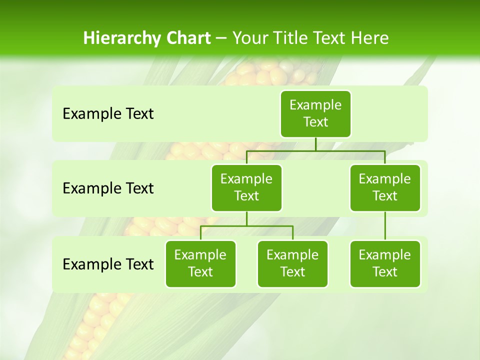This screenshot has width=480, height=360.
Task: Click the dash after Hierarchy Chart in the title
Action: pyautogui.click(x=221, y=38)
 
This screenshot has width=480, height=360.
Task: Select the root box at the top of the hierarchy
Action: pyautogui.click(x=315, y=113)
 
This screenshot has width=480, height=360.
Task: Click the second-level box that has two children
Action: pyautogui.click(x=246, y=187)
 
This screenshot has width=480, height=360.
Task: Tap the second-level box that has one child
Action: pyautogui.click(x=385, y=187)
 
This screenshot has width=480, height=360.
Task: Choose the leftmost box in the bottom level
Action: pyautogui.click(x=200, y=263)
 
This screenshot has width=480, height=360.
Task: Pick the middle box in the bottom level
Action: pyautogui.click(x=292, y=263)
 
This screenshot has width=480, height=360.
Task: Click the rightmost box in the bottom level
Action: pyautogui.click(x=385, y=263)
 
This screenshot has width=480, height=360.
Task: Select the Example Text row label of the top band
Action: pyautogui.click(x=108, y=114)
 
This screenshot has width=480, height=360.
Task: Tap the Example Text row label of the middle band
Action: pyautogui.click(x=108, y=188)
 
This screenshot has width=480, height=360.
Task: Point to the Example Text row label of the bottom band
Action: pyautogui.click(x=108, y=264)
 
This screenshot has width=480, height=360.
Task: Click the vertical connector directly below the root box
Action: pyautogui.click(x=315, y=144)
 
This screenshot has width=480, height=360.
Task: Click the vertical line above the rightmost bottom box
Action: pyautogui.click(x=385, y=226)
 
